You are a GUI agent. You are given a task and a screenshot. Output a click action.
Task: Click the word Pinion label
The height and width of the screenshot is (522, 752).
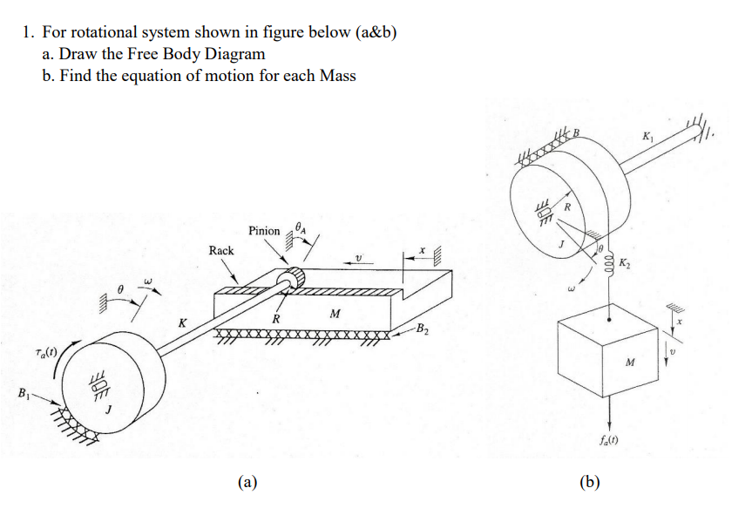click(x=264, y=231)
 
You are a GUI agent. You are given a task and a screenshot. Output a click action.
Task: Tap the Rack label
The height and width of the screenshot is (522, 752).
click(x=221, y=250)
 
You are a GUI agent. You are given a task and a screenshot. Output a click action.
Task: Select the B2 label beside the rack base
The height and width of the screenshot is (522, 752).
click(x=422, y=329)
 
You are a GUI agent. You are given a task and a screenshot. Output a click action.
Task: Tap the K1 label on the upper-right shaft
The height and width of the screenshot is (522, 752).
click(x=647, y=137)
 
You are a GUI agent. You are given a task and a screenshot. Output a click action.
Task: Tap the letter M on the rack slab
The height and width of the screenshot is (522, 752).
click(x=335, y=312)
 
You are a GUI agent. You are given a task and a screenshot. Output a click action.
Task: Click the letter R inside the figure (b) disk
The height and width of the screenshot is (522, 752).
click(x=567, y=207)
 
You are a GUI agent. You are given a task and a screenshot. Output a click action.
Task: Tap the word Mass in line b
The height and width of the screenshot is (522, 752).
click(x=337, y=76)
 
